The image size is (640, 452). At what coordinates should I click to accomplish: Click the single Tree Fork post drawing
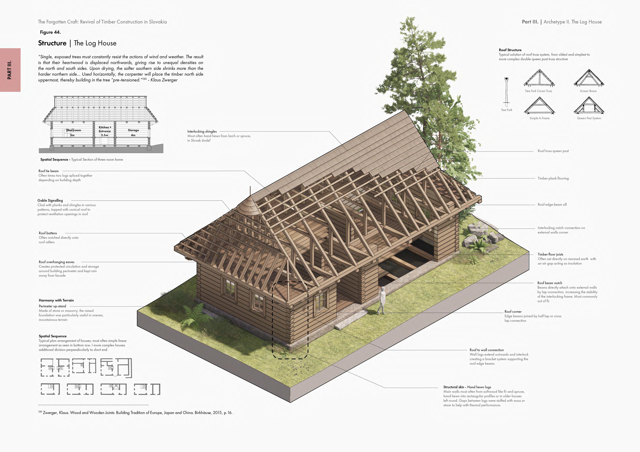pos(506,92)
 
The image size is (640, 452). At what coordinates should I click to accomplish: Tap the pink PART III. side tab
pos(10,70)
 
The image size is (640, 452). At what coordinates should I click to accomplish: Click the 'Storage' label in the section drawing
pos(133,130)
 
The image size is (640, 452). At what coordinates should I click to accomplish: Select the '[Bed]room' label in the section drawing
pos(74,130)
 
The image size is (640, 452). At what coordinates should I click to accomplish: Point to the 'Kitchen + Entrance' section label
pos(105,129)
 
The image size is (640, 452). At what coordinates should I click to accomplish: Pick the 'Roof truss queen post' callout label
pos(553,151)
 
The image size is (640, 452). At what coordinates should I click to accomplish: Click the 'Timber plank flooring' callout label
pos(553,178)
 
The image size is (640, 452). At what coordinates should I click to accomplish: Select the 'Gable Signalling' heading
pos(50,200)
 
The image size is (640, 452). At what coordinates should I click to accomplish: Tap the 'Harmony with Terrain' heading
pos(56,300)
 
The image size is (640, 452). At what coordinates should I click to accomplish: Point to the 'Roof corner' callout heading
pos(513,311)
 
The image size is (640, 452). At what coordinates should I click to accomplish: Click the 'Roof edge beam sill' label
pos(552,205)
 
